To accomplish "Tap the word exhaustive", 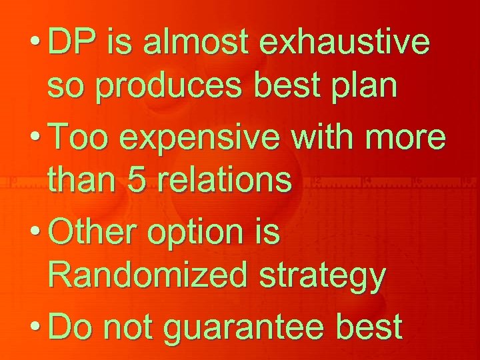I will [x=345, y=44].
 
